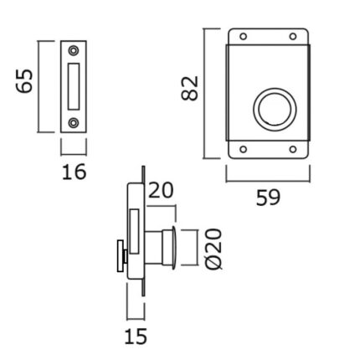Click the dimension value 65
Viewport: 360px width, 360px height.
(24, 81)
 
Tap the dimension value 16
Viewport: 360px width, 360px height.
(74, 172)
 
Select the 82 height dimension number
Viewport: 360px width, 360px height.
(190, 88)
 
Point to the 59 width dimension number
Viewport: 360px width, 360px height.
(268, 198)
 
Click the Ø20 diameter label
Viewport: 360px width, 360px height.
(214, 249)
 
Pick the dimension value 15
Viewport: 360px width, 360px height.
(136, 337)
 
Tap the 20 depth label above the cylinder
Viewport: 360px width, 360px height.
(161, 190)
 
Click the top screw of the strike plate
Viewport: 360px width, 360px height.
(74, 51)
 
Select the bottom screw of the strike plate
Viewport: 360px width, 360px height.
(74, 122)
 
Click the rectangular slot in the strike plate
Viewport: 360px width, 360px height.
(74, 86)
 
